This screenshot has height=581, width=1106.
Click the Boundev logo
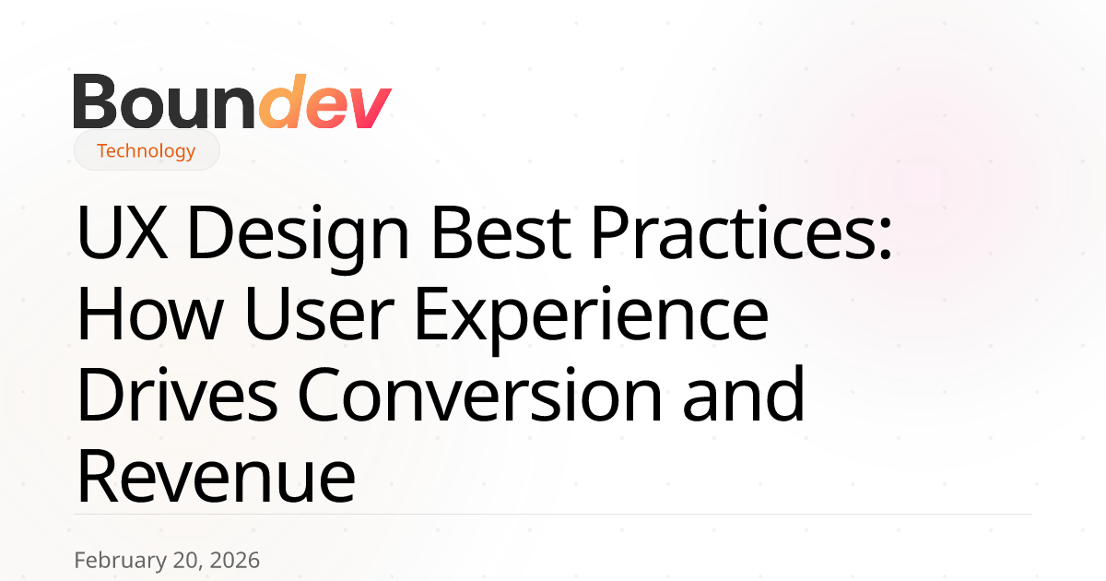232,101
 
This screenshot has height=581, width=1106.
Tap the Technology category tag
147,150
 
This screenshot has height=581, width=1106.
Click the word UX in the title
122,231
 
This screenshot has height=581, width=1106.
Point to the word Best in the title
501,231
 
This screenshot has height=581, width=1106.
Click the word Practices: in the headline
741,231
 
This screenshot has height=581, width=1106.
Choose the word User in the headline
320,314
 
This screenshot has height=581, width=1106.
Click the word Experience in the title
592,319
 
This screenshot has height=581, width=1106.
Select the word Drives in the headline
177,395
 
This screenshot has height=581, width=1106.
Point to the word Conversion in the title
479,395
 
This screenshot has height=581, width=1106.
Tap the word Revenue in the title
217,476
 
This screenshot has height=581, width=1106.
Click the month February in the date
121,561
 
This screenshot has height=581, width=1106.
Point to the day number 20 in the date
188,561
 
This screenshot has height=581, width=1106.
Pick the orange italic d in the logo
282,101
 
